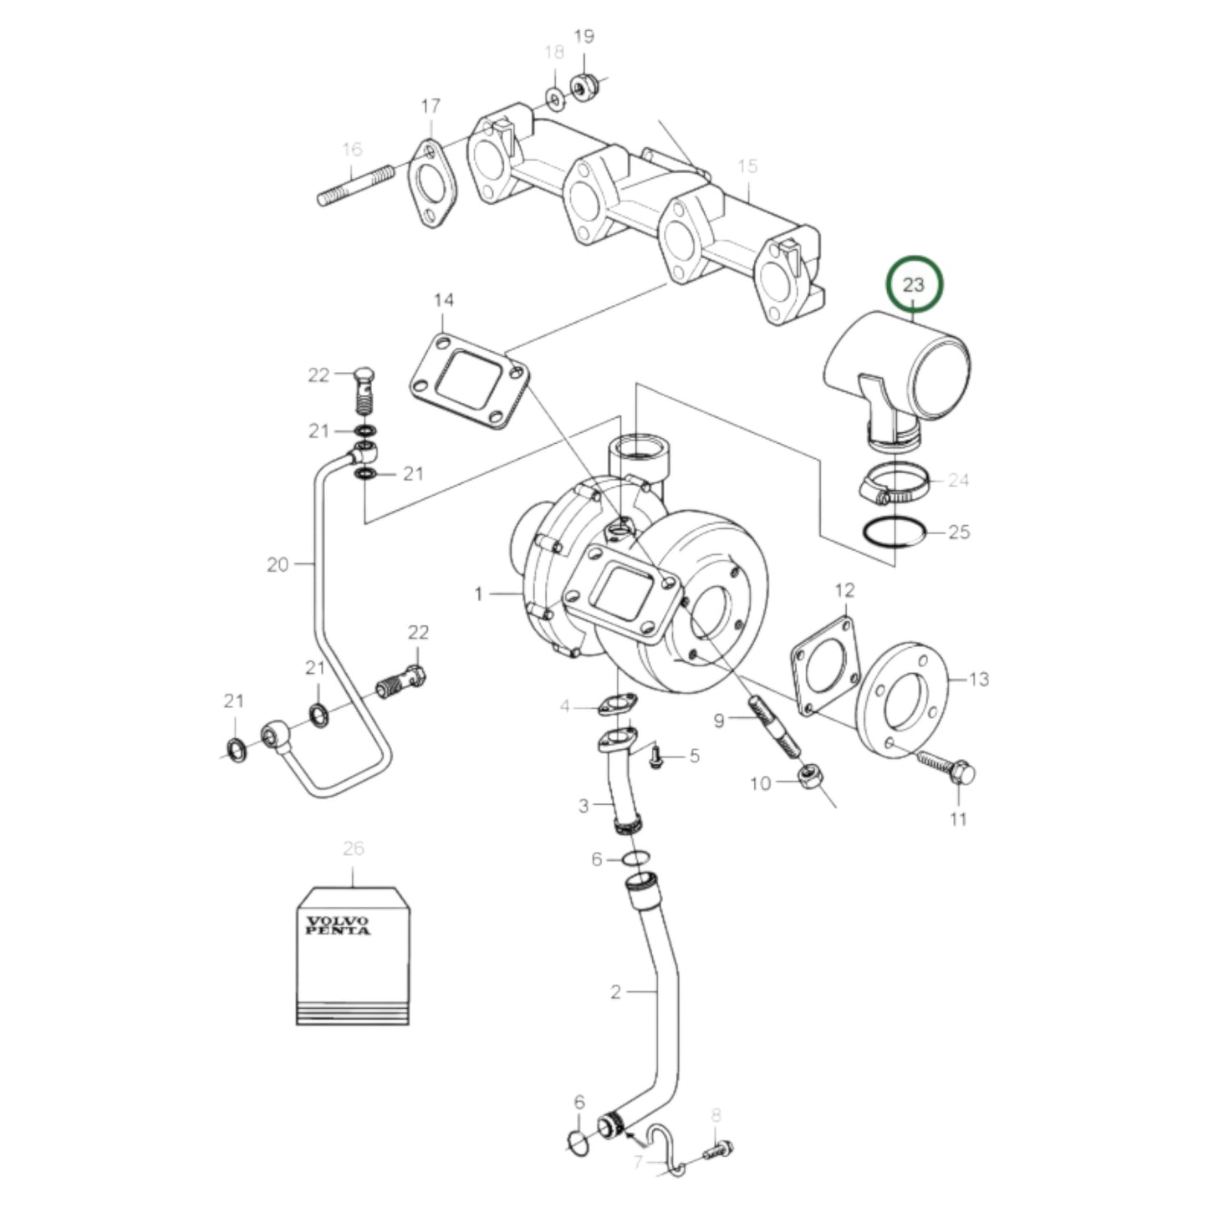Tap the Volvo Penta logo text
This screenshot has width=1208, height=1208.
[x=338, y=925]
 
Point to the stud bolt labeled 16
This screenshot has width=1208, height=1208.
[x=355, y=186]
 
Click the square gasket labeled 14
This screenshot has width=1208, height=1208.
[x=469, y=380]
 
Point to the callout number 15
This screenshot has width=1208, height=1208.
[x=747, y=166]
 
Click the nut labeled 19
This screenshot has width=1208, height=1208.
[x=584, y=84]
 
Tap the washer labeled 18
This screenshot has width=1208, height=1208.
[x=554, y=99]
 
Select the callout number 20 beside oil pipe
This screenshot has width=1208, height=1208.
[x=278, y=565]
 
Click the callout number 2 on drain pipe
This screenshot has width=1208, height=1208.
[x=615, y=992]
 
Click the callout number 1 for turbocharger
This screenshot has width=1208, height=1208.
[x=478, y=594]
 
